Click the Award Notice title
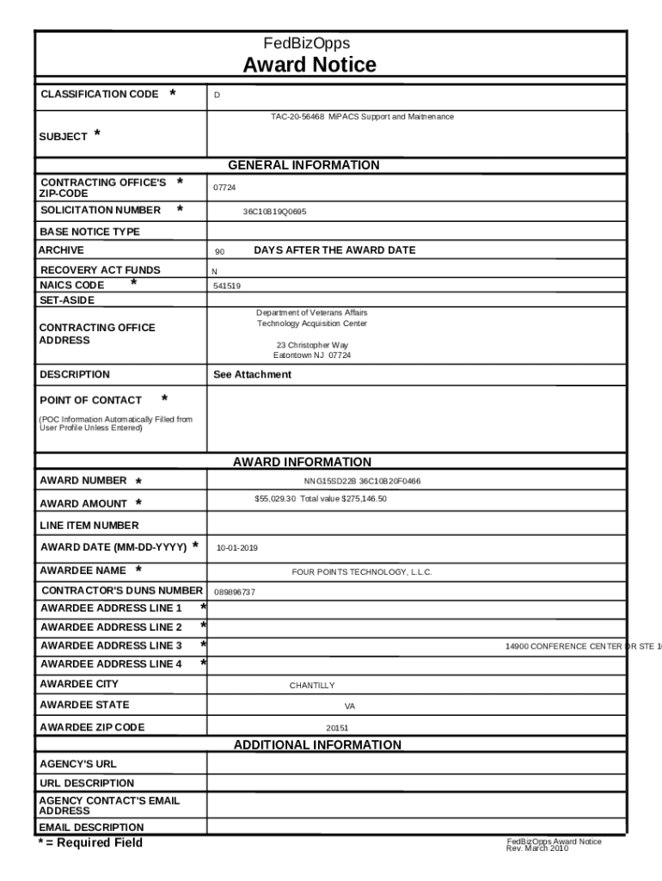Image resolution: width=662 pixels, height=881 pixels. (309, 65)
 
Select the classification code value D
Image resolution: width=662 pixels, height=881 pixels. (217, 95)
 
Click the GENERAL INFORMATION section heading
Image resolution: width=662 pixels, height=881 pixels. (303, 165)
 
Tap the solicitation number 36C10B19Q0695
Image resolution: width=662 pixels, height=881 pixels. (274, 211)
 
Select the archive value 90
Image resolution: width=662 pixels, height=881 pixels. (220, 252)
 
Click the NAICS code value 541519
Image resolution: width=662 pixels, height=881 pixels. (227, 286)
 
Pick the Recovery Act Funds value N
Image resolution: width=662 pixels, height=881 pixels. (215, 271)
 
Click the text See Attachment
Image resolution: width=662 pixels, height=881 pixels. (252, 374)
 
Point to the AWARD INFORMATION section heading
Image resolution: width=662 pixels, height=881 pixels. (302, 462)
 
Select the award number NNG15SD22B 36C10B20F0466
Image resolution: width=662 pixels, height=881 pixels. (362, 482)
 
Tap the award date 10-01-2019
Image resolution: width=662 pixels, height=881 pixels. (236, 548)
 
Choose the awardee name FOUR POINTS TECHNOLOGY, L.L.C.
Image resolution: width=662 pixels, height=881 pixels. (362, 572)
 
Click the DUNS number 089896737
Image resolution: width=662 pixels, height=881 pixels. (234, 592)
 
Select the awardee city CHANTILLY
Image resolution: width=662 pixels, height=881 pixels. (312, 686)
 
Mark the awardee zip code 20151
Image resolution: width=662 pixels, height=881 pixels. (337, 728)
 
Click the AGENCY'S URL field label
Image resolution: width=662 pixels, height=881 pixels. (78, 764)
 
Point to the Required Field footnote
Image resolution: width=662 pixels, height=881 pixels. (89, 843)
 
